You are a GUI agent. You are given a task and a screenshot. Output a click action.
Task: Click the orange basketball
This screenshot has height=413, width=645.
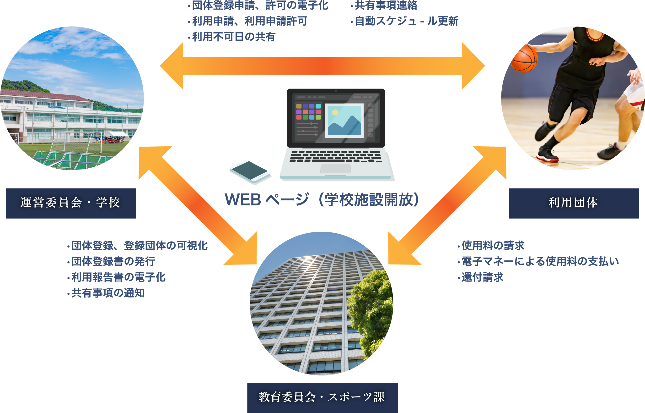[x=524, y=58]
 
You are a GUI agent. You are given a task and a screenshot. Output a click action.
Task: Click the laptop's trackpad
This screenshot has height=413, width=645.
[x=336, y=169]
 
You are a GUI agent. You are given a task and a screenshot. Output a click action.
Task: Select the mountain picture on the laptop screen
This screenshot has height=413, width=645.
[x=344, y=121]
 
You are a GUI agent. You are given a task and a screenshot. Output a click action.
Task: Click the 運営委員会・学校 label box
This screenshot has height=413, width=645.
[x=71, y=203]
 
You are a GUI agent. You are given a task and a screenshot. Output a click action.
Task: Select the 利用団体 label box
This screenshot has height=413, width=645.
[x=574, y=203]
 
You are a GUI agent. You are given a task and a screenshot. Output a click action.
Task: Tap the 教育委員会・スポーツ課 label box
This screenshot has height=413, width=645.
[x=322, y=398]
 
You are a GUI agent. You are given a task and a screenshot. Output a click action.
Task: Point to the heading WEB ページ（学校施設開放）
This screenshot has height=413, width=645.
[x=322, y=200]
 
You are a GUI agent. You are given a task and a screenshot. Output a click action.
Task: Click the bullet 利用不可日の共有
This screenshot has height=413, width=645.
[x=232, y=37]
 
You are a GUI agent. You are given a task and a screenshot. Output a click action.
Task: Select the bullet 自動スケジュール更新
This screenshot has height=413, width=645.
[x=404, y=21]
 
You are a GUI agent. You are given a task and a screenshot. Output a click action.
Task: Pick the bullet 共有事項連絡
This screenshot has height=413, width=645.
[x=384, y=5]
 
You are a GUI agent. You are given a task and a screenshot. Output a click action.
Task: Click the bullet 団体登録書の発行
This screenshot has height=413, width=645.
[x=111, y=261]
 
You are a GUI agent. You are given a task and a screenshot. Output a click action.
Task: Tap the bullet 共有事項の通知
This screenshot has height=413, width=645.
[x=106, y=293]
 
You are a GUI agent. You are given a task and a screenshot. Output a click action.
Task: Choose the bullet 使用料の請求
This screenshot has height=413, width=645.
[x=491, y=245]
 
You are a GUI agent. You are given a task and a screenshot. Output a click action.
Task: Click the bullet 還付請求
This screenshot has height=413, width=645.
[x=480, y=277]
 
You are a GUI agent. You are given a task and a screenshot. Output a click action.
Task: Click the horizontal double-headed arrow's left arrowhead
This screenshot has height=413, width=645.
[x=172, y=66]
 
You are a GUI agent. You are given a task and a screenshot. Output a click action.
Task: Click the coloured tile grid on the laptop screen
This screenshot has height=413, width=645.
[x=308, y=112]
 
